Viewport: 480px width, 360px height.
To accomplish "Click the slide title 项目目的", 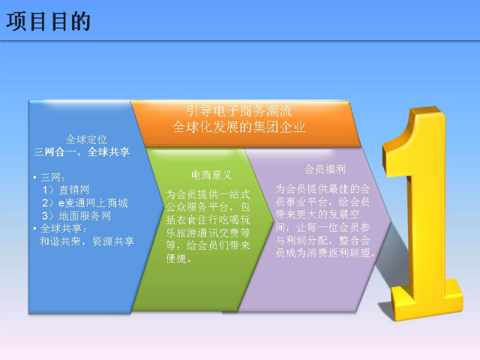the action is coord(49,22).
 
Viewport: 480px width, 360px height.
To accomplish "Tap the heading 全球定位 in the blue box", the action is coord(86,139).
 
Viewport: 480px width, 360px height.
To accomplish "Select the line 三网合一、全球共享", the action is coord(82,152).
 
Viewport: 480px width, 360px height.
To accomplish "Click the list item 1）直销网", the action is coord(66,190).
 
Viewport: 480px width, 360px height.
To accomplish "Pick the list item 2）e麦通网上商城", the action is coord(85,203).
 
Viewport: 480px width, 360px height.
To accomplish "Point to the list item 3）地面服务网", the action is coord(76,215).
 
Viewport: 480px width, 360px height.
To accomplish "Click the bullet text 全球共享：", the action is coord(64,229).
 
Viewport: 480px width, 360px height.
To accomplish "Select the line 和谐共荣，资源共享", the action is coord(87,241).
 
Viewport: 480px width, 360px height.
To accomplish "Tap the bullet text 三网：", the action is coord(53,177).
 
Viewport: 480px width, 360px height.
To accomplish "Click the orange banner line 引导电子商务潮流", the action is coord(239,110).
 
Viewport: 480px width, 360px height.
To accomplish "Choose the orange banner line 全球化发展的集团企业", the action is coord(239,127).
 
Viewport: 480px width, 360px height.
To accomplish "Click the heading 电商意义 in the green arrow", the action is coord(212,175).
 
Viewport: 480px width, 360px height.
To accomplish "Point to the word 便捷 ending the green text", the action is coord(176,259).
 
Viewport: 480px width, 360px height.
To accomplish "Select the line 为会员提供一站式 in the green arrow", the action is coord(208,194).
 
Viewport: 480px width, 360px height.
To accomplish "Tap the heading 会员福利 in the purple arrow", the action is coord(325,169).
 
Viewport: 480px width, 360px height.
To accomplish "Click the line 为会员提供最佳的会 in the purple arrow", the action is coord(323,188).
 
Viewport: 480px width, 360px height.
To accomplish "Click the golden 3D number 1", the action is coord(422,214).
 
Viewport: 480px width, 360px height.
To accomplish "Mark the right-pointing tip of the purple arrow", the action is coord(392,221).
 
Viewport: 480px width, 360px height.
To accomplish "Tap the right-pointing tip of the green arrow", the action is coord(274,219).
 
